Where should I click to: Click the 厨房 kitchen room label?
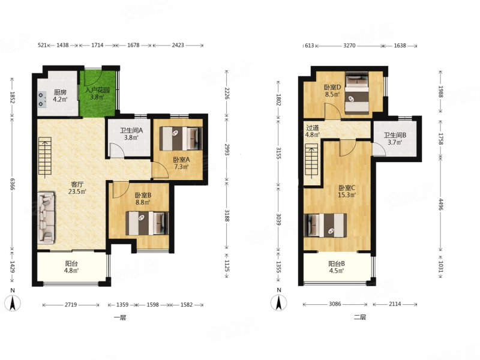61,92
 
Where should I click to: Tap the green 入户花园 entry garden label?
98,91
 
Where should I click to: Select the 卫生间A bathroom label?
131,130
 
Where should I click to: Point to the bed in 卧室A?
181,139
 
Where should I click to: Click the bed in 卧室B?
147,223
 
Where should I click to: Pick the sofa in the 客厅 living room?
46,218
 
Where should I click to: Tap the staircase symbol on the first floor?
45,158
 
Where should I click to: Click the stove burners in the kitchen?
41,100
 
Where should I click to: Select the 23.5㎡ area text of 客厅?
77,192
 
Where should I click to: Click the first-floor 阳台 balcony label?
71,263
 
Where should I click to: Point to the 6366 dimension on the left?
13,184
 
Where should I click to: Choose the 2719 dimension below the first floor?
71,305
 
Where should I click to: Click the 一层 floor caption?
119,317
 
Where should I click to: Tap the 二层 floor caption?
359,317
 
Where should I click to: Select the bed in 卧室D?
357,93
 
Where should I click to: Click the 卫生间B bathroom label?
395,135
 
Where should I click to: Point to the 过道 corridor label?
313,128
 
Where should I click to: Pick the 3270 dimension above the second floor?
349,46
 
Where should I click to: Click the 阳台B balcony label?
337,263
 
